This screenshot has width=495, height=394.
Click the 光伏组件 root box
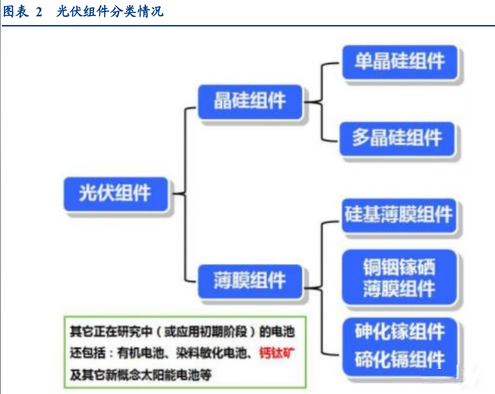(115, 193)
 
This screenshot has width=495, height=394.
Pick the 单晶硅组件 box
(400, 62)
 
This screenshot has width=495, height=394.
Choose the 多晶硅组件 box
(397, 139)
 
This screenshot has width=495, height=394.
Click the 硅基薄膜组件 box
(398, 215)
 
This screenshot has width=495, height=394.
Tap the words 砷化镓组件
(400, 332)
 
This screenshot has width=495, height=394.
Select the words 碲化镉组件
(400, 359)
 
